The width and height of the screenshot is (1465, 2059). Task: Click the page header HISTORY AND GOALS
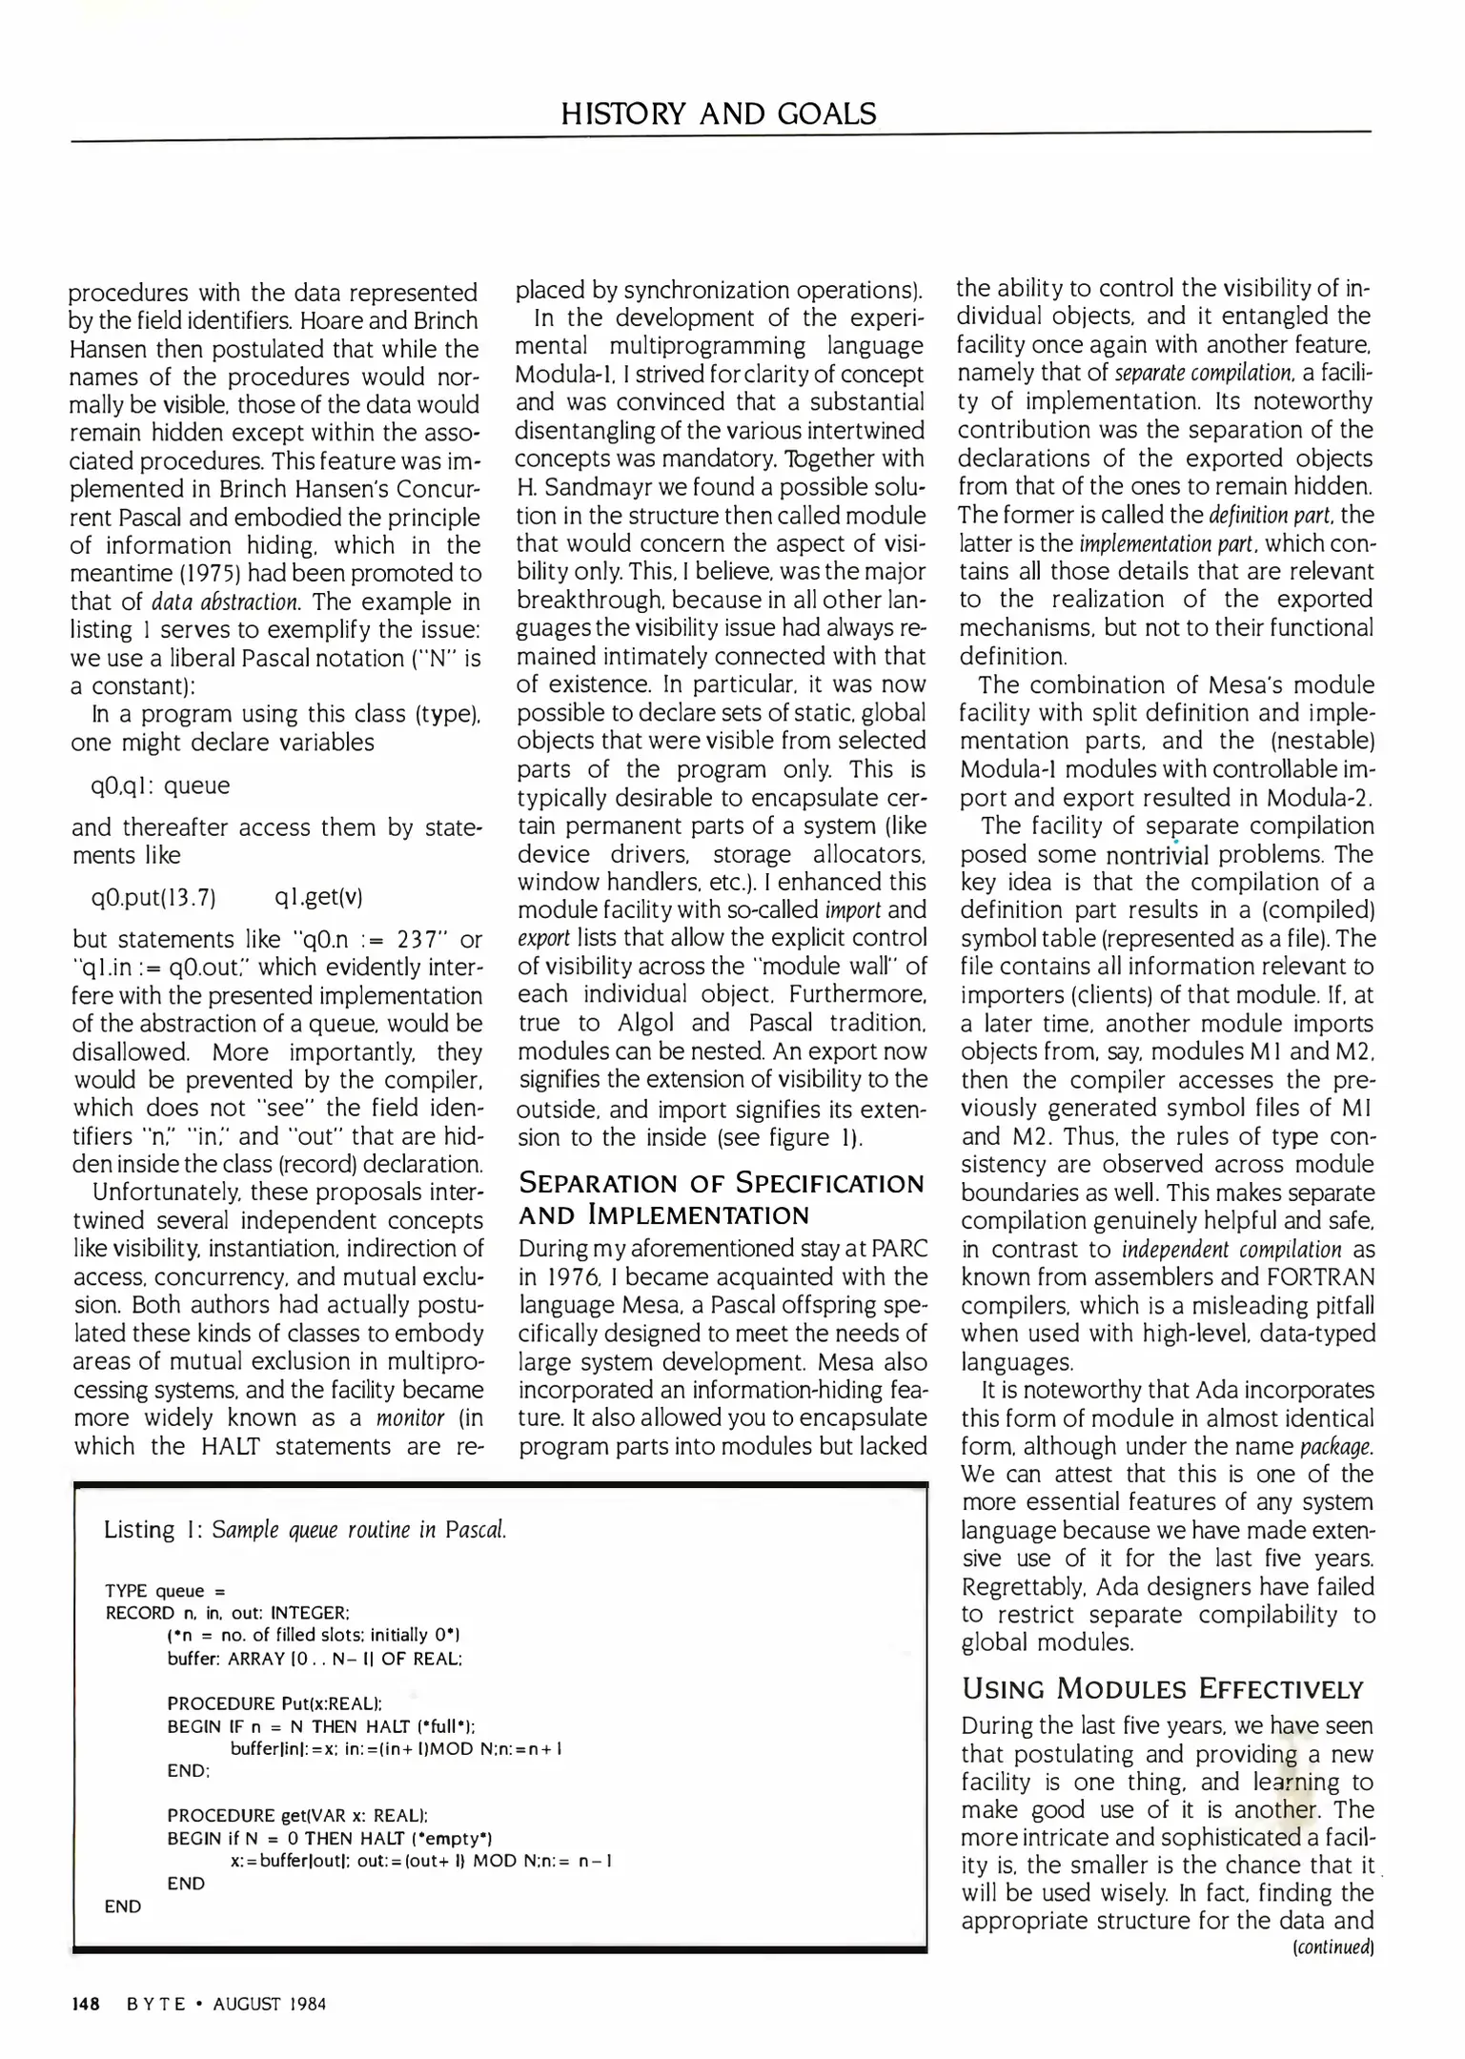(x=718, y=114)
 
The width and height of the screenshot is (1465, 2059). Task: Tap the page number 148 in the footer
(x=87, y=2004)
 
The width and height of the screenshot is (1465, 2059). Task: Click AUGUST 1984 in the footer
(x=270, y=2004)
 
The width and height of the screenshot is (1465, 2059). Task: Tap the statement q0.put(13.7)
(x=153, y=898)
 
